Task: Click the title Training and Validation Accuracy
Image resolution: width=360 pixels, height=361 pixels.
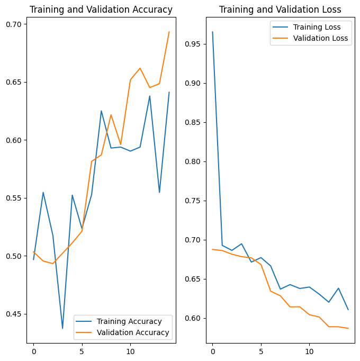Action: click(101, 10)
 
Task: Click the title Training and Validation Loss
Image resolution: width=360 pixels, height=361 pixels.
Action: click(280, 10)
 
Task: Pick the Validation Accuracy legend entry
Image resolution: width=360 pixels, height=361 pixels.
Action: click(134, 332)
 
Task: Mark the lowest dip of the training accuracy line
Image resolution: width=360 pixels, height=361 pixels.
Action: click(62, 328)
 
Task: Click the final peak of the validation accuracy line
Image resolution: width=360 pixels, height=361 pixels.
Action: click(169, 32)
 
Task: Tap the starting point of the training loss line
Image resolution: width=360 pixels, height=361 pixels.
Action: click(212, 32)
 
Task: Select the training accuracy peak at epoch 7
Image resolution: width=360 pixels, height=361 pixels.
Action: click(101, 111)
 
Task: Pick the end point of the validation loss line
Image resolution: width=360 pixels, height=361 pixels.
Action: click(348, 328)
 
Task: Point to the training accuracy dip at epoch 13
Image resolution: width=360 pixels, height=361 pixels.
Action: click(159, 192)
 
